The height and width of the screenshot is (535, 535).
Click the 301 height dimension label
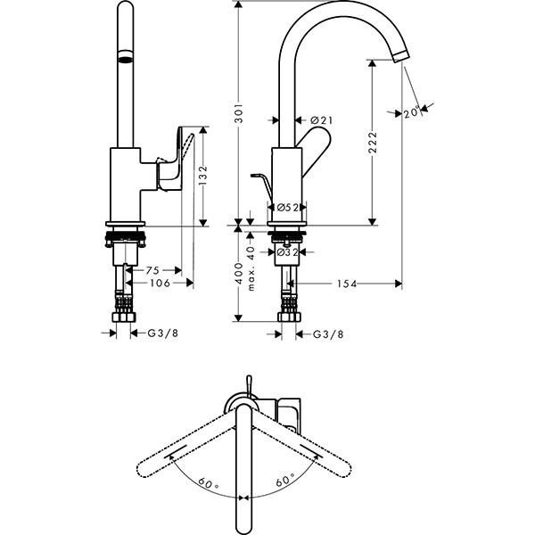pos(239,112)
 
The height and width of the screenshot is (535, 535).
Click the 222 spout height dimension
pos(373,143)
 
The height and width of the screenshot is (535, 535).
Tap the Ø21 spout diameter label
pos(321,120)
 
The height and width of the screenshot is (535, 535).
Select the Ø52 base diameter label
pos(287,207)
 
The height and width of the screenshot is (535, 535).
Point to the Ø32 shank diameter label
pos(287,252)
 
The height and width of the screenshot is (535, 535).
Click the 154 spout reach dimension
pos(347,284)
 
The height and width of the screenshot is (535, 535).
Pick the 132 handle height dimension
pos(203,176)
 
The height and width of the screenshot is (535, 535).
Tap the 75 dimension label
pos(152,270)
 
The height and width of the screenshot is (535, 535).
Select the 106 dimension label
pos(160,283)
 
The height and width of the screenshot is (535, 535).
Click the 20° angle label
pos(412,112)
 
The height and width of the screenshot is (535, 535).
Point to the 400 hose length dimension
pos(239,274)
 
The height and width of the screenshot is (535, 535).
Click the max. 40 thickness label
pos(251,268)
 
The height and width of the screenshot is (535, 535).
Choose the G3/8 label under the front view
pos(163,333)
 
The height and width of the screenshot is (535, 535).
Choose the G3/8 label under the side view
pos(328,334)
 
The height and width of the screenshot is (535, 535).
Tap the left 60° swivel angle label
pos(208,483)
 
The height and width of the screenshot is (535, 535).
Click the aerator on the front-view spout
pos(125,57)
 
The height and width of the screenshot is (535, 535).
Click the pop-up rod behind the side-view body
pos(262,187)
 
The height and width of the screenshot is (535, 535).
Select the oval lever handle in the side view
pos(315,148)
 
